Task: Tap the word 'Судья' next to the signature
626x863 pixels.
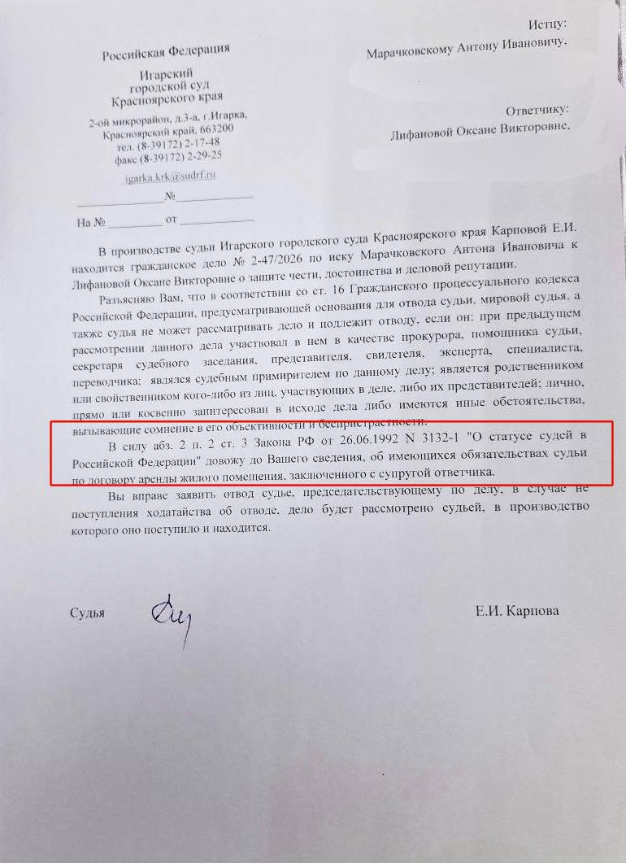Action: pyautogui.click(x=88, y=612)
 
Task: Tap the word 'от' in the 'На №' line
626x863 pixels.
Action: pyautogui.click(x=171, y=220)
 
